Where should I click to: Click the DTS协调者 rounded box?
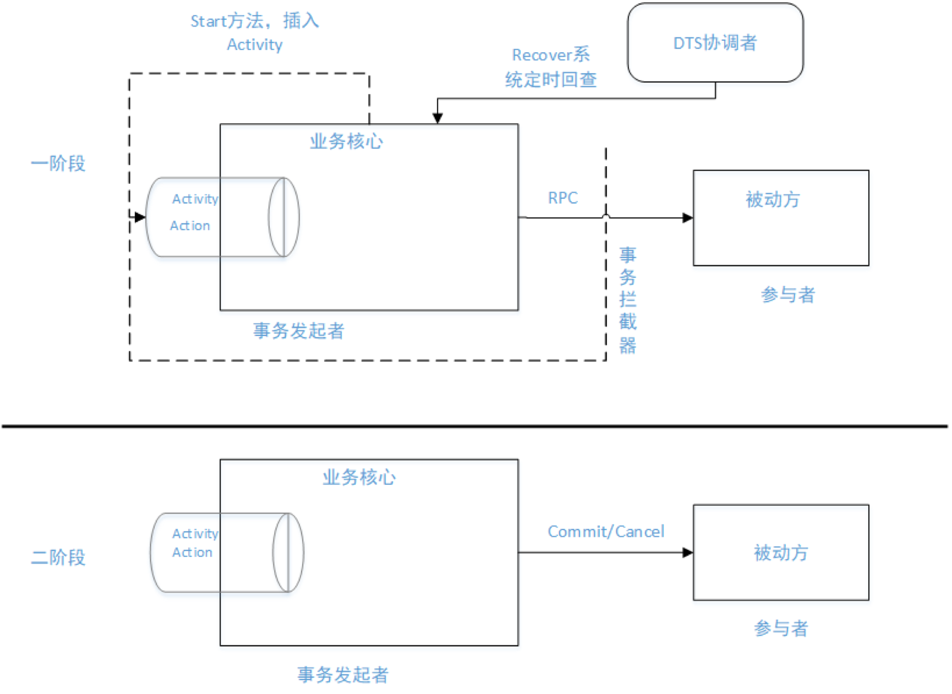pyautogui.click(x=715, y=43)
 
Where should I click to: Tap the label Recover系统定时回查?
pyautogui.click(x=551, y=67)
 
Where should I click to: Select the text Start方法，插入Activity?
pyautogui.click(x=255, y=32)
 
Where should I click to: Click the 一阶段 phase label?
pyautogui.click(x=58, y=163)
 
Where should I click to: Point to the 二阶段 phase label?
pyautogui.click(x=58, y=558)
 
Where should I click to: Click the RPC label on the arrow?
pyautogui.click(x=562, y=198)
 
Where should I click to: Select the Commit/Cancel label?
pyautogui.click(x=606, y=532)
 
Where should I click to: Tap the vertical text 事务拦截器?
pyautogui.click(x=627, y=300)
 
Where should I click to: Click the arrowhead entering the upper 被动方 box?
pyautogui.click(x=687, y=218)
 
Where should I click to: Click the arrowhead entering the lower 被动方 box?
pyautogui.click(x=687, y=553)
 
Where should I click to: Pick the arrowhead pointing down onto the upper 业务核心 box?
pyautogui.click(x=437, y=118)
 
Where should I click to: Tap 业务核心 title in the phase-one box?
pyautogui.click(x=347, y=141)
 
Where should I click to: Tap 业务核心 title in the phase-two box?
pyautogui.click(x=359, y=477)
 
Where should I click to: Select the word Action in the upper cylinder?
pyautogui.click(x=190, y=226)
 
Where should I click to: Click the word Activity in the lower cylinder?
pyautogui.click(x=195, y=533)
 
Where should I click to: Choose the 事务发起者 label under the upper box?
pyautogui.click(x=298, y=331)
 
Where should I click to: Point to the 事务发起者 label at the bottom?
pyautogui.click(x=343, y=675)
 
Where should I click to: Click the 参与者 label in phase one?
pyautogui.click(x=787, y=295)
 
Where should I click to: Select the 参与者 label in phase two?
pyautogui.click(x=781, y=628)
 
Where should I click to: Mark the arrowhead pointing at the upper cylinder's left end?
pyautogui.click(x=140, y=217)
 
